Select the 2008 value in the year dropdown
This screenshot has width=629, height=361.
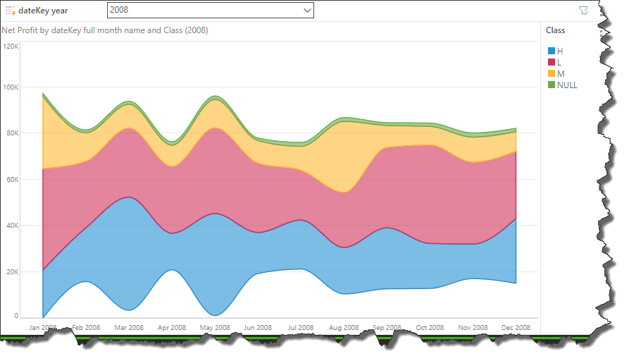[x=120, y=11]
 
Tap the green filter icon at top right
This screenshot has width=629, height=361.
[x=583, y=11]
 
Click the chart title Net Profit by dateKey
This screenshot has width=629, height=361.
[x=105, y=30]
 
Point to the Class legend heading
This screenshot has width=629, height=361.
[x=555, y=30]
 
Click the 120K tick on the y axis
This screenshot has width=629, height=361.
[x=11, y=46]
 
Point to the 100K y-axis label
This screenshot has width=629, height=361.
[x=11, y=87]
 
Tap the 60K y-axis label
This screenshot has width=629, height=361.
[x=13, y=180]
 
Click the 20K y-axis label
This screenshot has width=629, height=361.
[x=13, y=272]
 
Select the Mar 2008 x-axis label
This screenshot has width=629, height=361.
[x=130, y=328]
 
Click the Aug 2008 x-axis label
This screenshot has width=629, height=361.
[x=344, y=328]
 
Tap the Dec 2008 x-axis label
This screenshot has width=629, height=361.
[x=516, y=328]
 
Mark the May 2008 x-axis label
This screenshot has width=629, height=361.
[x=215, y=328]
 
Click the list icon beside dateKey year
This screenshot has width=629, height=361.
[x=10, y=11]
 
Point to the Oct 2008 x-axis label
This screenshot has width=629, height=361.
[x=430, y=328]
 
